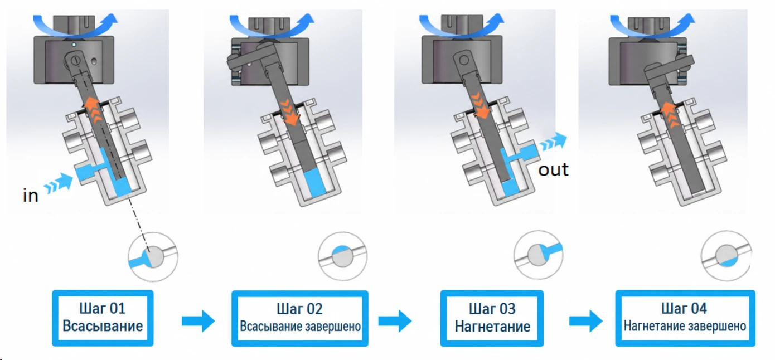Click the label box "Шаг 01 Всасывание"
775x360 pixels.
click(x=103, y=318)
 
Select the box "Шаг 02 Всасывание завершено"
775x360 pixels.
click(x=299, y=318)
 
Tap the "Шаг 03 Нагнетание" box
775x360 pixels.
click(x=492, y=318)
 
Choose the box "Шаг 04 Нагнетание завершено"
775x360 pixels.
click(x=685, y=318)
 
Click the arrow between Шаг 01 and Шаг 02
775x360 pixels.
click(x=198, y=321)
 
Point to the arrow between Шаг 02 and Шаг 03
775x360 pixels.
click(x=395, y=321)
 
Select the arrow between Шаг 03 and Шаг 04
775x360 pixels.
click(x=586, y=321)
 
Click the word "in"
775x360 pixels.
click(x=31, y=196)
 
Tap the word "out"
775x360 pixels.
click(x=553, y=170)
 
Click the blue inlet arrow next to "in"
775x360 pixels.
click(x=59, y=183)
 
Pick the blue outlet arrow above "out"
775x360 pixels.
click(x=553, y=142)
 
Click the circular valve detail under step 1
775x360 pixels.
click(x=153, y=256)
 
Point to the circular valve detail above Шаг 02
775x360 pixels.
click(x=343, y=256)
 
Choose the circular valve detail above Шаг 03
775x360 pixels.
click(x=539, y=255)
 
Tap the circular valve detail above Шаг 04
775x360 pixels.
click(x=726, y=256)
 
